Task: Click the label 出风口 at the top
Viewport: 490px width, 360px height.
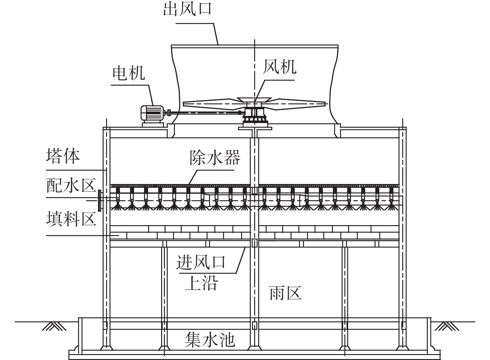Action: coord(188,9)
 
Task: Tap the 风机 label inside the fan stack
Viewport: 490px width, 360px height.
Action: coord(280,67)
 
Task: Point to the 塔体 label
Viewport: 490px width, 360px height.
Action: coord(63,156)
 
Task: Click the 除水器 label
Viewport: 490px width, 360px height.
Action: coord(215,158)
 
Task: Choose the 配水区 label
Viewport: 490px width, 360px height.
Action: coord(71,185)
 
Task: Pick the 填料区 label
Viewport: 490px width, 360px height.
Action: coord(71,219)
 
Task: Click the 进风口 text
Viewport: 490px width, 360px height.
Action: coord(201,262)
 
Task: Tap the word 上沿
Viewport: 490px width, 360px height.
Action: coord(201,283)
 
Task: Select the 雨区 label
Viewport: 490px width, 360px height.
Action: coord(285,293)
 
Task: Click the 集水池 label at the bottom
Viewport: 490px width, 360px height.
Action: coord(210,340)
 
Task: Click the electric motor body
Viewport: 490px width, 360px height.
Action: coord(152,113)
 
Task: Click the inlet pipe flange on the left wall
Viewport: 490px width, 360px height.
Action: coord(100,201)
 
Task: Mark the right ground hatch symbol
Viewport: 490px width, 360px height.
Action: coord(447,326)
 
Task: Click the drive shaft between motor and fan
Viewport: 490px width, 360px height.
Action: coord(204,113)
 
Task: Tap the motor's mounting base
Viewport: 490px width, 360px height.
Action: coord(153,125)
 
